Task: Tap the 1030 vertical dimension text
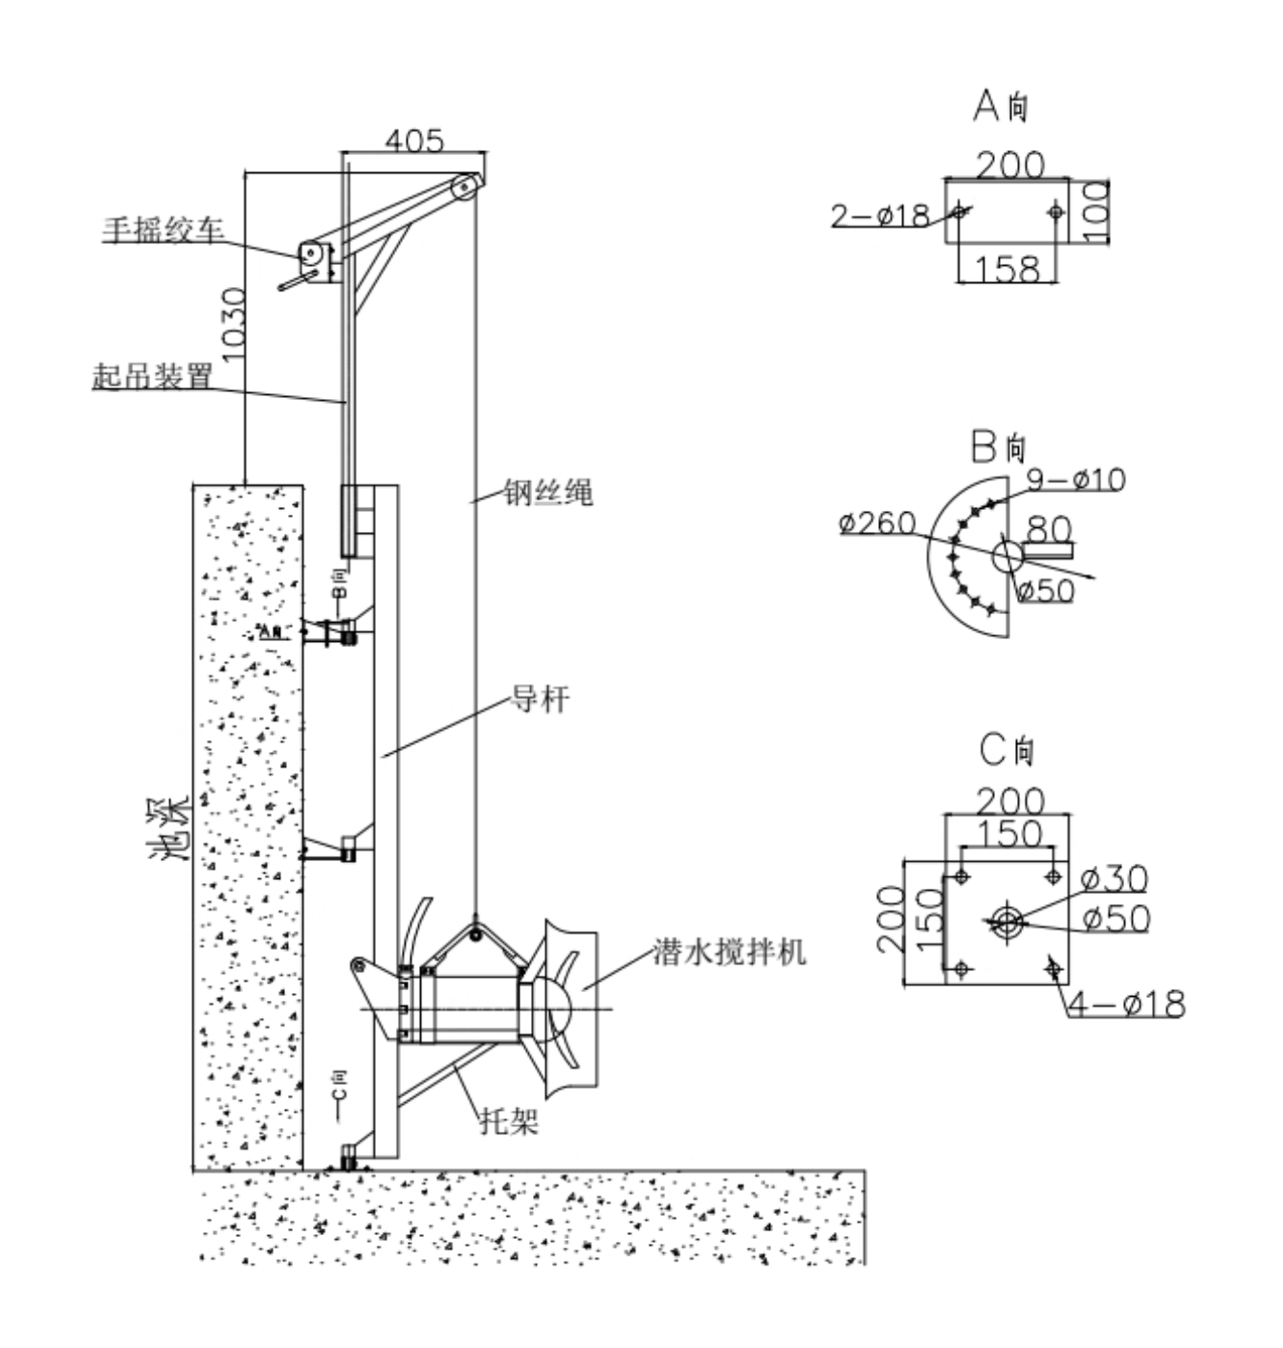[232, 324]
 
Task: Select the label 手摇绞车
[164, 230]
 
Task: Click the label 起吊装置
[152, 376]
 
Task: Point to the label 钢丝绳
[549, 493]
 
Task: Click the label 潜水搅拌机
[729, 951]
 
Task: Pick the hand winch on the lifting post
[311, 254]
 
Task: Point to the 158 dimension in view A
[1007, 269]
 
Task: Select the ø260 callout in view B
[877, 523]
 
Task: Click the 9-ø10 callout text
[1076, 479]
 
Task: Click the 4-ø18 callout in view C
[1126, 1004]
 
